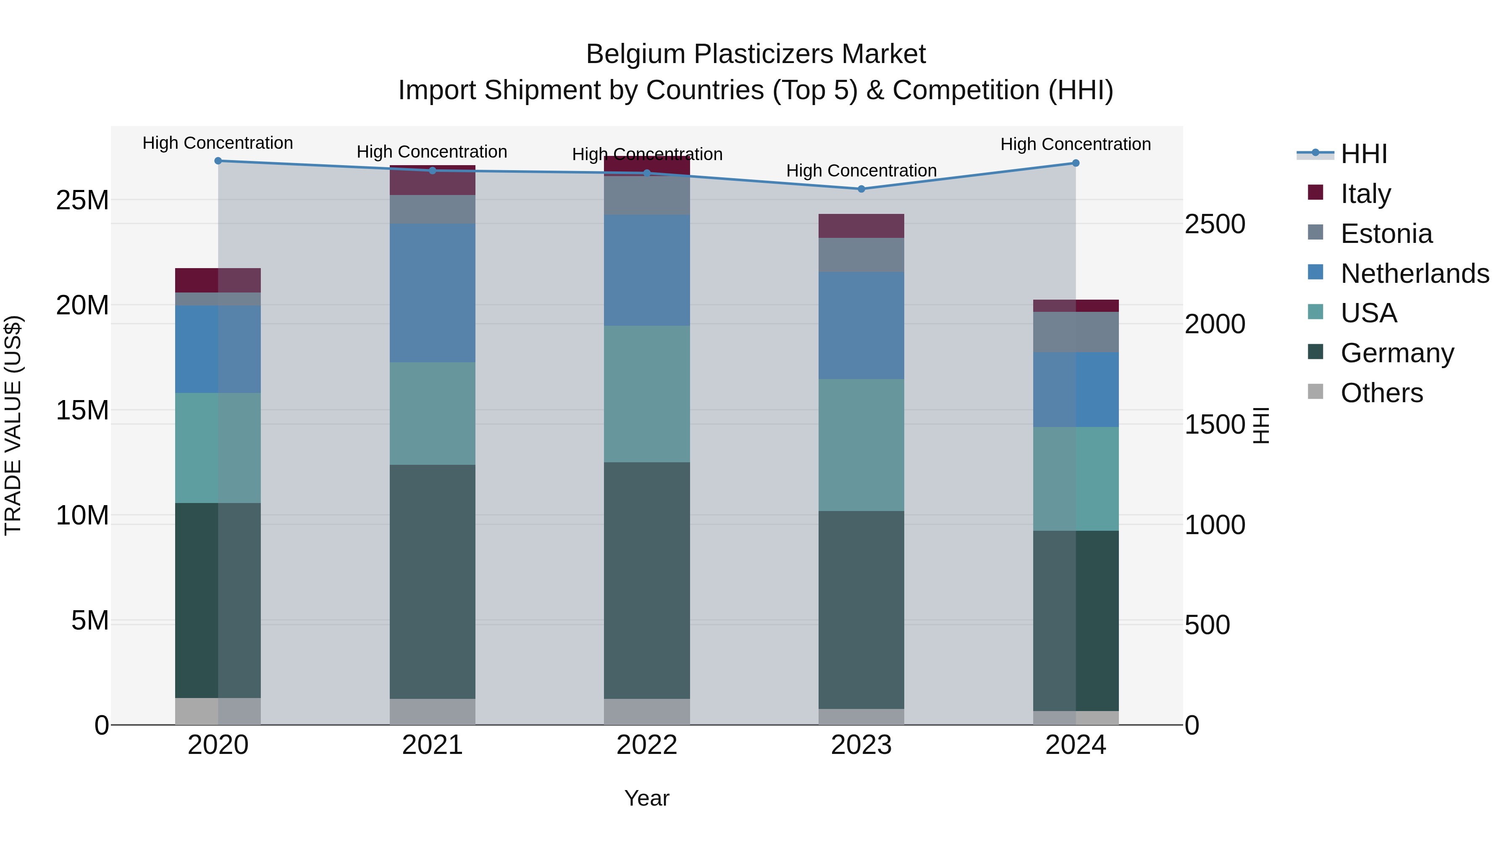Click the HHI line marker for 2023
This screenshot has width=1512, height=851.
point(861,189)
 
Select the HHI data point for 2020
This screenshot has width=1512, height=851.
point(218,161)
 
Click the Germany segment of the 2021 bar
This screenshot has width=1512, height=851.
point(432,582)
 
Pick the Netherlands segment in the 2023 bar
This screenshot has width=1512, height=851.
point(861,325)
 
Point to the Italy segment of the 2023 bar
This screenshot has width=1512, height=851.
point(861,226)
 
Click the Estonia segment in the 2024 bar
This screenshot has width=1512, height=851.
point(1075,332)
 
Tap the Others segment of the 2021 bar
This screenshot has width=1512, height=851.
point(432,712)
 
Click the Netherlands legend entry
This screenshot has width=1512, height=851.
point(1415,274)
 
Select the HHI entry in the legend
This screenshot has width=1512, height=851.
point(1363,154)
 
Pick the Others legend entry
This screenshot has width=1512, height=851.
point(1381,393)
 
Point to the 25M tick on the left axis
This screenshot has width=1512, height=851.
point(82,201)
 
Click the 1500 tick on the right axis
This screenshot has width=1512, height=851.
point(1214,424)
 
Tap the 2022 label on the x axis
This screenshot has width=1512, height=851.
point(647,745)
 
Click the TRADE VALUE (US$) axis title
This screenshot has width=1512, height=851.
point(13,425)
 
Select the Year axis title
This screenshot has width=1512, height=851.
point(647,798)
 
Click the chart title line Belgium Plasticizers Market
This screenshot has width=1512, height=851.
point(756,55)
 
